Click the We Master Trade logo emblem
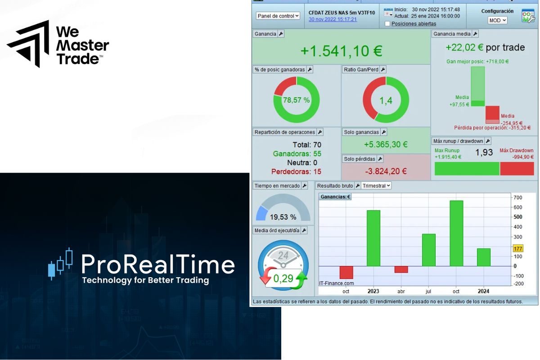coord(28,44)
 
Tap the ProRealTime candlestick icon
coord(60,263)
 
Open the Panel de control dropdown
coord(278,16)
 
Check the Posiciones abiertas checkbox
coord(387,24)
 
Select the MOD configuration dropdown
coord(497,20)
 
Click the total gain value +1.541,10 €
coord(341,51)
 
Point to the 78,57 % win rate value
coord(296,100)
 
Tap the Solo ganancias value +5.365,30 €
coord(386,144)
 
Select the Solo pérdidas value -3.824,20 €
coord(386,171)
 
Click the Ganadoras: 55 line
coord(297,154)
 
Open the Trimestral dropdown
coord(376,185)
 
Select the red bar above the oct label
coord(346,272)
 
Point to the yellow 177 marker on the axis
coord(518,249)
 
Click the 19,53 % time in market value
coord(283,217)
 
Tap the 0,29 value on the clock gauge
coord(283,279)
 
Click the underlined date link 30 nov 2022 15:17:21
coord(333,19)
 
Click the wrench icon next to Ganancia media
coord(475,34)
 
